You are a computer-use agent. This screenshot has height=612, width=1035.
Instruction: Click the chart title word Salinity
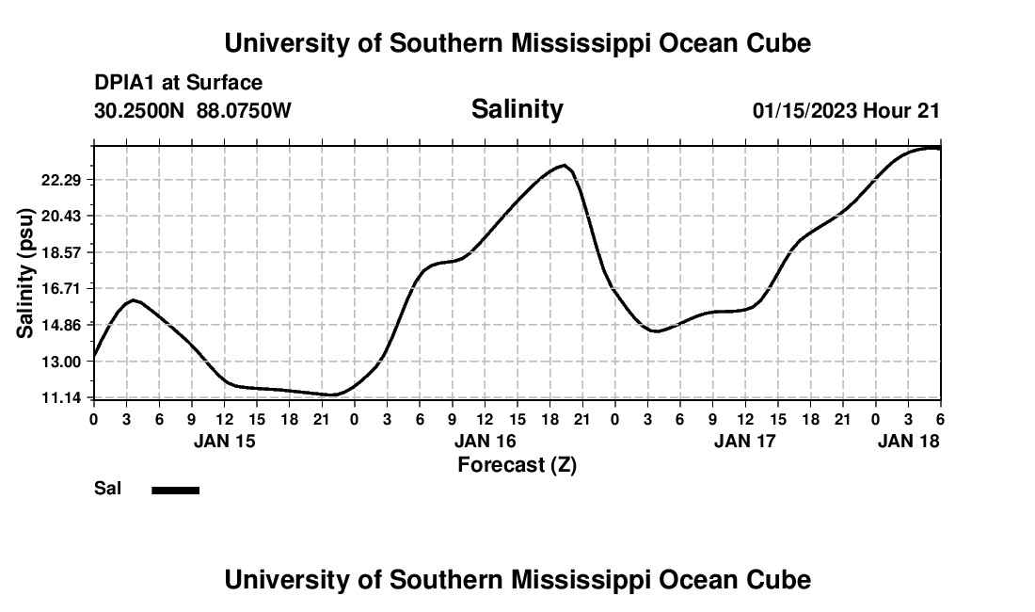click(517, 109)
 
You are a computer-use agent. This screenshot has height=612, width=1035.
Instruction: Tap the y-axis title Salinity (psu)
click(27, 272)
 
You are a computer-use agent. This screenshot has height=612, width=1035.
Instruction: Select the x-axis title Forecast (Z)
click(517, 464)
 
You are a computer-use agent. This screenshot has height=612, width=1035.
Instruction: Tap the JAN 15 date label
click(224, 441)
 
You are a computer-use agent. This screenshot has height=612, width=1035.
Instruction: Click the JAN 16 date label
click(486, 441)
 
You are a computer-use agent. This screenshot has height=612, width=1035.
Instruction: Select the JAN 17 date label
click(745, 441)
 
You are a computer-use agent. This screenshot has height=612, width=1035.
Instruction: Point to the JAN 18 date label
click(908, 441)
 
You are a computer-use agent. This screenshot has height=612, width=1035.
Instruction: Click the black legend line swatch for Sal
click(176, 490)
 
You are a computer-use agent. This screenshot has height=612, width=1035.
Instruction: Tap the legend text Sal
click(107, 489)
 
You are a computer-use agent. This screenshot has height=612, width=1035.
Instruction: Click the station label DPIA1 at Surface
click(179, 83)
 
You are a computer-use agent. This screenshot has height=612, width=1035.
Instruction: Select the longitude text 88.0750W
click(245, 110)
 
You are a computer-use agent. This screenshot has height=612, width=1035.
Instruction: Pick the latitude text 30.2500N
click(140, 110)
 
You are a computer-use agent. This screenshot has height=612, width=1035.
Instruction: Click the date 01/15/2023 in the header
click(804, 110)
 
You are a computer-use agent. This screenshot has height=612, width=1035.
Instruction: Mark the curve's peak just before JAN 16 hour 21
click(563, 166)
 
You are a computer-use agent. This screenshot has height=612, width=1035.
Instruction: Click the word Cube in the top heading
click(777, 42)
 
